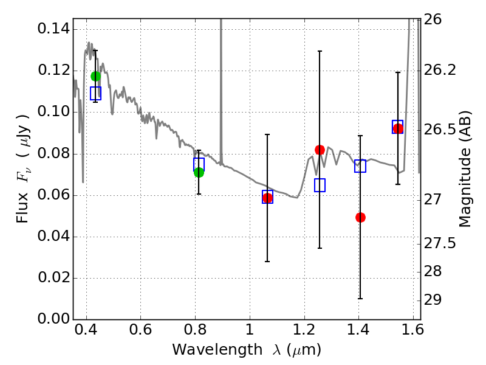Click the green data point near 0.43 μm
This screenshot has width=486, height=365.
(x=95, y=76)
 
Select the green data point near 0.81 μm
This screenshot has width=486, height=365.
(x=199, y=172)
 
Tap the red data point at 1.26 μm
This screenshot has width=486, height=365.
(x=320, y=150)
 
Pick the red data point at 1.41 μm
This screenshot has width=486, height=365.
(x=360, y=217)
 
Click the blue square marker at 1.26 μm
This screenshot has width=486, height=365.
(x=320, y=185)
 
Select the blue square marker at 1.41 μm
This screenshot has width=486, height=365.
(x=360, y=166)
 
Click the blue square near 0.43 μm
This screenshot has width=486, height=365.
(x=95, y=93)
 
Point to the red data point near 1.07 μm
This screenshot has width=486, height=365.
(x=267, y=198)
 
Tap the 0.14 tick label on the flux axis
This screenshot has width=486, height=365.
(x=53, y=29)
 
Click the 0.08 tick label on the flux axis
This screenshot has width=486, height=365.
(x=53, y=153)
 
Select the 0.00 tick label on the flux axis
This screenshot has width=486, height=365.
(x=53, y=319)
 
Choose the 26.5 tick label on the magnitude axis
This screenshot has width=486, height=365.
(x=441, y=130)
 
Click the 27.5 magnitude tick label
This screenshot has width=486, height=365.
(x=441, y=243)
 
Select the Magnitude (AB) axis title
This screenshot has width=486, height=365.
(x=466, y=169)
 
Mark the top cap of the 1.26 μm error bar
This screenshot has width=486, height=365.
(x=320, y=51)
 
